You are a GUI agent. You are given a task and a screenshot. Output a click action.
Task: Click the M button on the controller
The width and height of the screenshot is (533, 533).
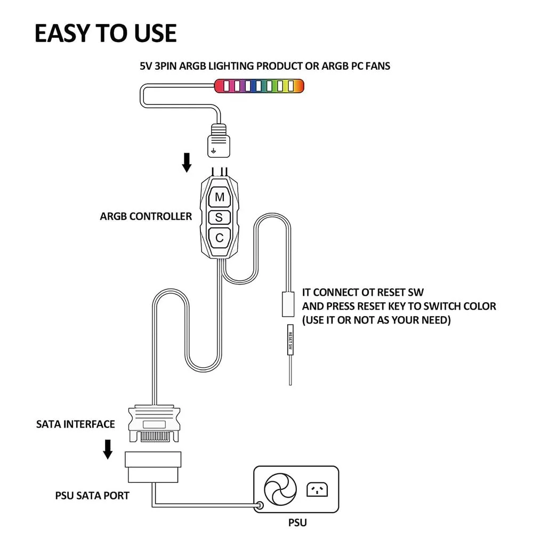220,197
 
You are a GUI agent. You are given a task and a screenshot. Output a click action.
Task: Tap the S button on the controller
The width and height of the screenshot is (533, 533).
219,217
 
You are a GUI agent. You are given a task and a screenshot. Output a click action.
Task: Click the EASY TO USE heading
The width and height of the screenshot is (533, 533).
106,33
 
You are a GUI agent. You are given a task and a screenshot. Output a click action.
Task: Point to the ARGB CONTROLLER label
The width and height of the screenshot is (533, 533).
146,216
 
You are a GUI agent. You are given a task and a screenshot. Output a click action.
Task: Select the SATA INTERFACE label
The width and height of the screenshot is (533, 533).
76,424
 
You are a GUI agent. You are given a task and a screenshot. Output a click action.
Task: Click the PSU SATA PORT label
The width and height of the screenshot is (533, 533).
92,496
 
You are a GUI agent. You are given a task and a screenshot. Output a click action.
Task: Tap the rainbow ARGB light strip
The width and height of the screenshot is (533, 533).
259,85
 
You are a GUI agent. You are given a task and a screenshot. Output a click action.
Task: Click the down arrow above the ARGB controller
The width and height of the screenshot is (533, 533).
187,163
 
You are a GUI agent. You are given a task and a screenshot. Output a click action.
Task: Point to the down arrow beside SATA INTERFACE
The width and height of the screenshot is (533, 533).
108,449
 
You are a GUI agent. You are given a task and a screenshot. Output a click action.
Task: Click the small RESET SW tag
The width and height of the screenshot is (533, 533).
290,342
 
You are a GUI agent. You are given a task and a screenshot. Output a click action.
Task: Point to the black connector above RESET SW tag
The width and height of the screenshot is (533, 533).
287,304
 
